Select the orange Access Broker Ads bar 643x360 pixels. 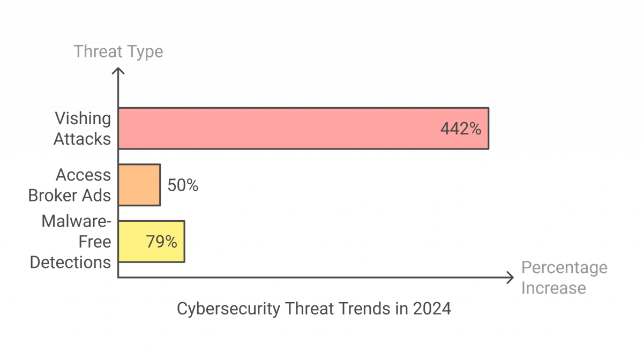(x=139, y=185)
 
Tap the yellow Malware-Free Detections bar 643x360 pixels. (x=151, y=241)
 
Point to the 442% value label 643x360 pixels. (x=460, y=129)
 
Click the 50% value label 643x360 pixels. (x=183, y=185)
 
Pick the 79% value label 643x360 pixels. (x=161, y=242)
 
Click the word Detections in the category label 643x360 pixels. (x=71, y=262)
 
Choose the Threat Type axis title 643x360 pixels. (x=118, y=51)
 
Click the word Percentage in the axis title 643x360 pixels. (x=564, y=268)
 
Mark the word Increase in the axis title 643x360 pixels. (x=553, y=288)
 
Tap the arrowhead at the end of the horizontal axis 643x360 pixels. (x=510, y=277)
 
